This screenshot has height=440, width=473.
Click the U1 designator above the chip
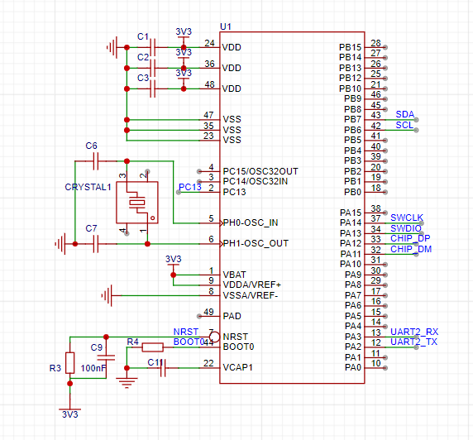pos(226,26)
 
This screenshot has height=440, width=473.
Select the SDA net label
pos(405,114)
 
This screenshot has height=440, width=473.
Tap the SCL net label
pos(404,125)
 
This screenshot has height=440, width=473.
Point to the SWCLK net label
pos(407,218)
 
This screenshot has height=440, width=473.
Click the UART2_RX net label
pos(414,332)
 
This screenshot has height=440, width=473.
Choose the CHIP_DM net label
pos(411,249)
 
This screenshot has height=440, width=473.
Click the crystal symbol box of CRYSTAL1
pos(137,203)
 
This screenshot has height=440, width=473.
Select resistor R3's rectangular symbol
pos(70,363)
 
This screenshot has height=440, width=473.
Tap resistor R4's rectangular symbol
pos(153,347)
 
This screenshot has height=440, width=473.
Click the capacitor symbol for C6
pos(96,161)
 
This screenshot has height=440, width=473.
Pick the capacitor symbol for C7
pos(96,244)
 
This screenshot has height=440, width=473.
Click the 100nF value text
pos(93,368)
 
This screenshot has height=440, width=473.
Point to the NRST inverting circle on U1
pos(214,337)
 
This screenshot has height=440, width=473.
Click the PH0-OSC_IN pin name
pos(251,222)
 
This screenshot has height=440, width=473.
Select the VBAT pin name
pos(234,275)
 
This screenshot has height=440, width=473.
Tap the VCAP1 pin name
pos(237,367)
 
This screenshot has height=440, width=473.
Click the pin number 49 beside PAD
pos(208,312)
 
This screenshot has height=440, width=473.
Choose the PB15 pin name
pos(350,47)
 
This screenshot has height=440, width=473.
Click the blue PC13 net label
pos(189,187)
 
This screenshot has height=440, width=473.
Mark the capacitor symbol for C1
pos(153,47)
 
